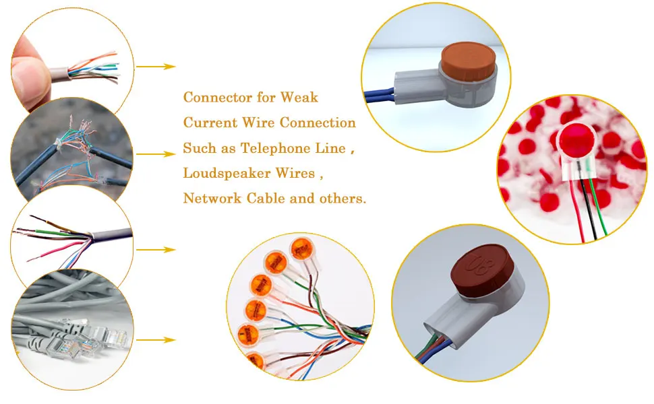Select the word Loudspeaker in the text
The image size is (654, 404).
pos(220,173)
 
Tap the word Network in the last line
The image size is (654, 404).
pos(210,199)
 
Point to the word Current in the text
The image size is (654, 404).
pos(210,123)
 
